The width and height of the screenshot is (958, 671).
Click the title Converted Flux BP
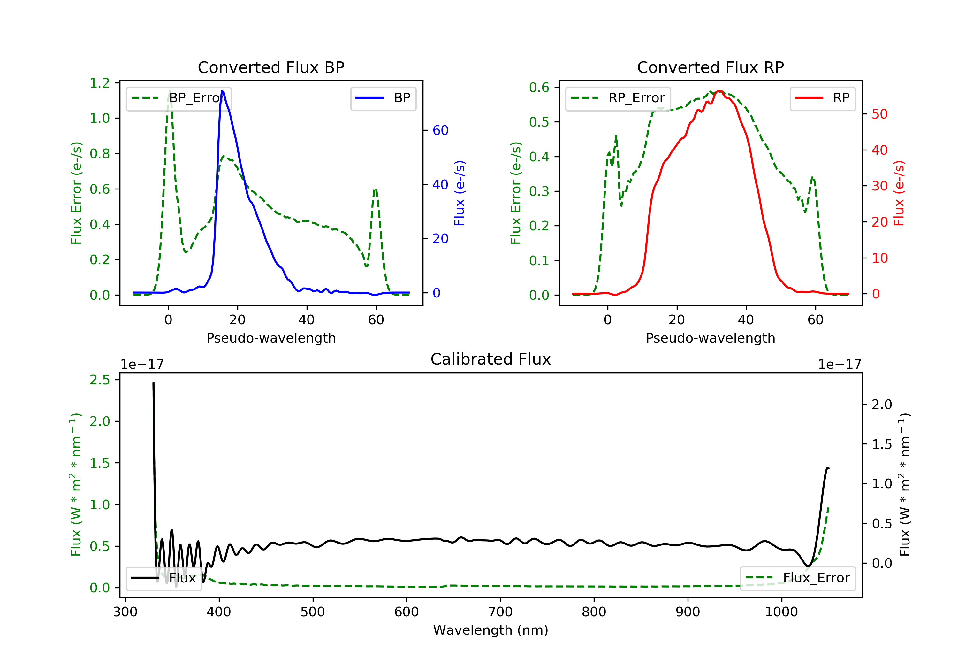271,67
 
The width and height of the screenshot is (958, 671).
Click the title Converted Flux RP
711,67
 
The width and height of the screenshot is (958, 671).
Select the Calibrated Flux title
491,359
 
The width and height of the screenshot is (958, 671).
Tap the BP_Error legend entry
179,98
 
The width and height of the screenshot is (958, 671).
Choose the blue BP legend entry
383,98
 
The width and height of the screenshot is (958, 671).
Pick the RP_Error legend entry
618,98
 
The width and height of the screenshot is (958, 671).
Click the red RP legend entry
822,98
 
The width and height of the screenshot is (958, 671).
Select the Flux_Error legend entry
797,578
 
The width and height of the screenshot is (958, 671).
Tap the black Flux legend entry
163,578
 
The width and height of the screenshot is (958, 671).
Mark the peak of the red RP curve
720,91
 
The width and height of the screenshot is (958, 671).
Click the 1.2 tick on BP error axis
100,83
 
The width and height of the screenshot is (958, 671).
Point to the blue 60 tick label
441,130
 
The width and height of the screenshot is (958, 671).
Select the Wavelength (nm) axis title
491,630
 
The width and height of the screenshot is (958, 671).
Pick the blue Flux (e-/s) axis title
460,193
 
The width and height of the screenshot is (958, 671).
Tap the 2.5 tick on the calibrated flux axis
100,380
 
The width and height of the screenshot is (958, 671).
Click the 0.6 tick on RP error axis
539,87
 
